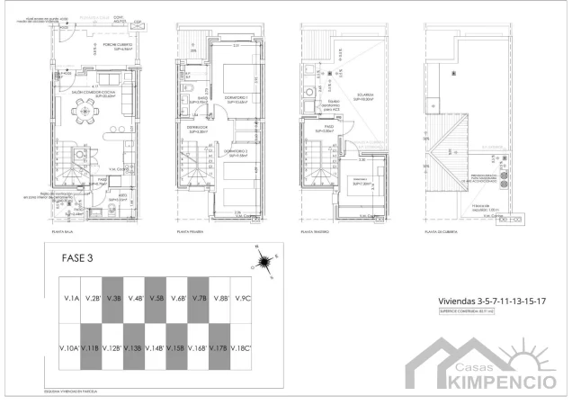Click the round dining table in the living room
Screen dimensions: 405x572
coord(87,113)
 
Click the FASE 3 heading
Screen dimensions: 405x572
coord(77,257)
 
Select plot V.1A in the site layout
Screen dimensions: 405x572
coord(70,297)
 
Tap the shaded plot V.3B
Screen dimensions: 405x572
coord(113,297)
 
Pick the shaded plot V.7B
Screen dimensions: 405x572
coord(200,297)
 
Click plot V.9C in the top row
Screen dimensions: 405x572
coord(242,297)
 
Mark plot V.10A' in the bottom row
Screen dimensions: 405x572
coord(69,346)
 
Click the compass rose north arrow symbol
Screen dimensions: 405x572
coord(264,262)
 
